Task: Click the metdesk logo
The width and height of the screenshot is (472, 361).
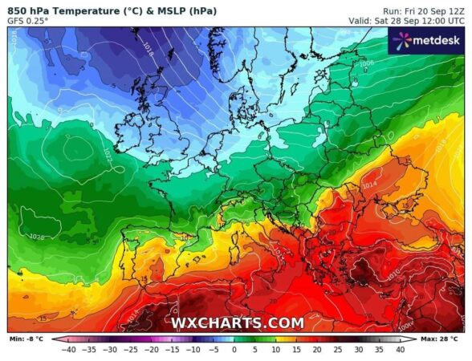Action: (425, 40)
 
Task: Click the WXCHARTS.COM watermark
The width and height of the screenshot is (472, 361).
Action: (237, 323)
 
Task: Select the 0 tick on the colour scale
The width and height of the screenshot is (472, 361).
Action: (234, 350)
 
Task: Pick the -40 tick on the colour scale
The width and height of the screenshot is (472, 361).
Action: (69, 350)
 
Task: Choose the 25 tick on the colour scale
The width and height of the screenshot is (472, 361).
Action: (338, 350)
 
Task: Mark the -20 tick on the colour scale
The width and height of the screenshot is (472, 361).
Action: (152, 350)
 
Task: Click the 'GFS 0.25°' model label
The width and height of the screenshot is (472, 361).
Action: (28, 20)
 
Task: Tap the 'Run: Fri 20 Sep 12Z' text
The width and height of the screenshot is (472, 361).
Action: (422, 9)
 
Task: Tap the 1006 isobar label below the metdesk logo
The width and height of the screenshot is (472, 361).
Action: (367, 63)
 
